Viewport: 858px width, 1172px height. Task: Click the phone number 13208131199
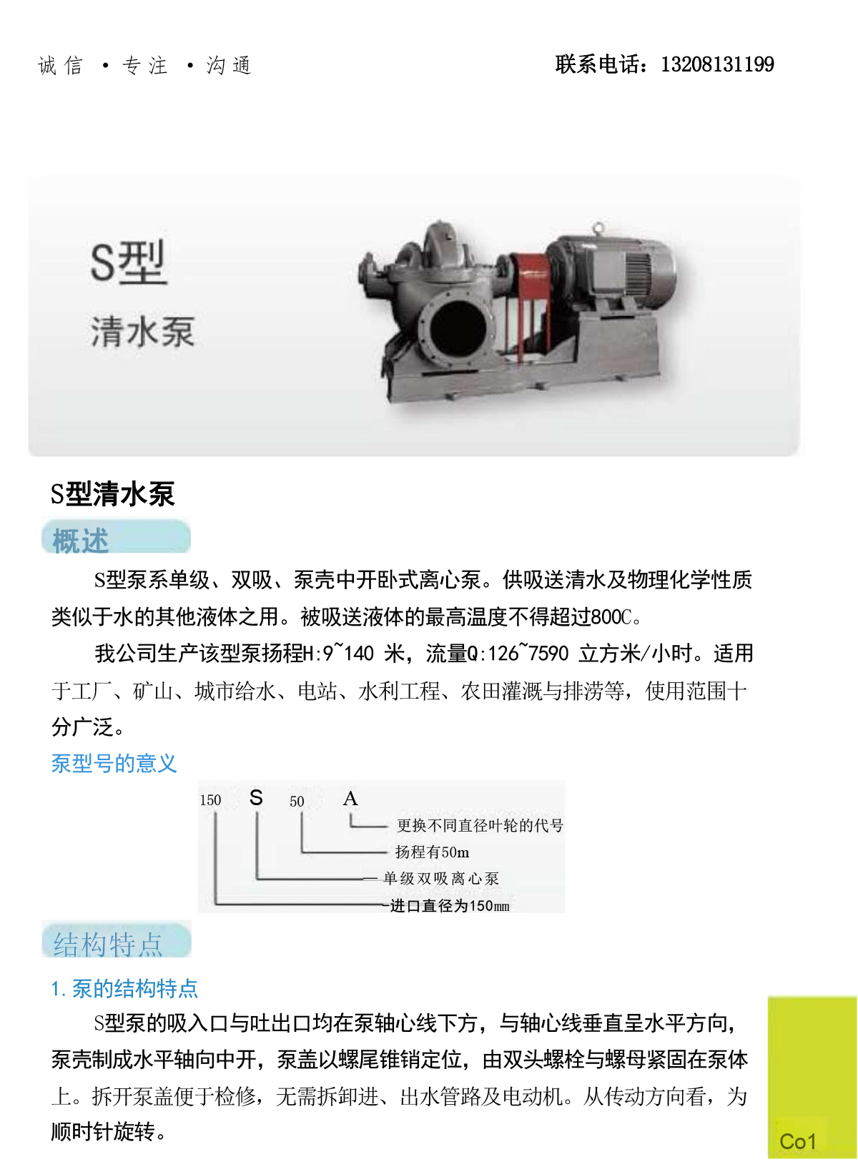(717, 64)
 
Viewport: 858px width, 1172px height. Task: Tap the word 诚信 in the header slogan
(61, 65)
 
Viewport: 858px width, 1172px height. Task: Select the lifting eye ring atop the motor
(598, 228)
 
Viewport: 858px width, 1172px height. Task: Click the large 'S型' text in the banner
(129, 262)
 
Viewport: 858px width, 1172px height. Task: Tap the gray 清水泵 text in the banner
(142, 331)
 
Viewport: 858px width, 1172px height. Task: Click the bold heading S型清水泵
(112, 493)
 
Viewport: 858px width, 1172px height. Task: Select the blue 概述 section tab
(116, 536)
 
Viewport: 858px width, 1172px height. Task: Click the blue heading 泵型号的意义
(114, 764)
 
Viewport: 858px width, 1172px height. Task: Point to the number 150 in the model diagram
(210, 800)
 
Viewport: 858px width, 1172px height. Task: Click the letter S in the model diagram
(256, 798)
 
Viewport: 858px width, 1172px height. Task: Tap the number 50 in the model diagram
(297, 802)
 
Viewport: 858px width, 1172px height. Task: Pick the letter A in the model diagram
(350, 799)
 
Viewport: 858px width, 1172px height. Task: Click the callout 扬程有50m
(432, 852)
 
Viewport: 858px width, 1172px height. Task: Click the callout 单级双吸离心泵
(441, 879)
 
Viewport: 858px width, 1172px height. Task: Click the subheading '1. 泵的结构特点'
(124, 988)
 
